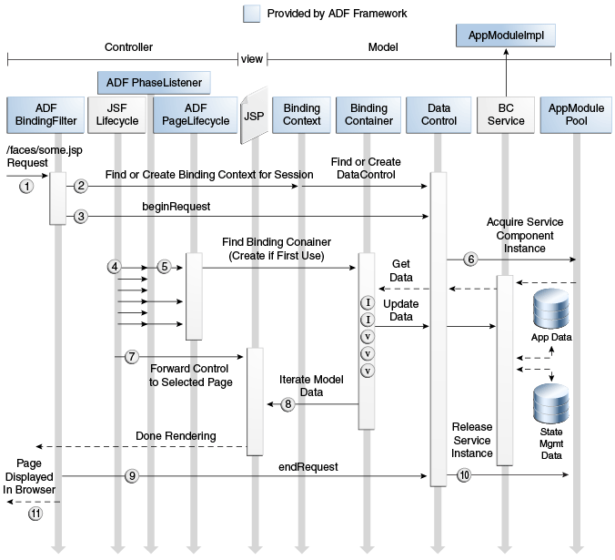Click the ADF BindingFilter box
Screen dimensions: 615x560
click(x=45, y=115)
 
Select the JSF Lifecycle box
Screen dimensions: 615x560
click(x=116, y=115)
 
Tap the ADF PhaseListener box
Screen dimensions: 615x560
click(x=154, y=83)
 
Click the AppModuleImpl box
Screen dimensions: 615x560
click(x=506, y=36)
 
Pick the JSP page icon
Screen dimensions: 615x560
click(x=254, y=116)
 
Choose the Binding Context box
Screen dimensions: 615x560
click(x=302, y=115)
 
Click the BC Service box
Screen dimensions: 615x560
click(x=506, y=115)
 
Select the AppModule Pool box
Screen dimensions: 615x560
click(x=576, y=115)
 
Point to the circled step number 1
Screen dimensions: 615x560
click(x=26, y=186)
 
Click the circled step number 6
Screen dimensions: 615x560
click(x=470, y=259)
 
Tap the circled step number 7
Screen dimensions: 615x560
click(x=132, y=357)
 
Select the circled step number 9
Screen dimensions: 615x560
click(x=132, y=476)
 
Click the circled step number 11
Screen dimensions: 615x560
click(x=35, y=514)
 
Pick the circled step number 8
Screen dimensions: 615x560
click(x=287, y=403)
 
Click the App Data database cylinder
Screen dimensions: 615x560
click(x=551, y=309)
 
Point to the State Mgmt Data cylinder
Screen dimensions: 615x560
click(x=551, y=403)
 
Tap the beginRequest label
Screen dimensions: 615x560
click(x=176, y=207)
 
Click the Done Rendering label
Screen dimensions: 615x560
click(x=176, y=436)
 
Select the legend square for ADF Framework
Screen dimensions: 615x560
click(x=251, y=14)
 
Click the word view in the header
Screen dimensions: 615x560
click(x=252, y=59)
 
